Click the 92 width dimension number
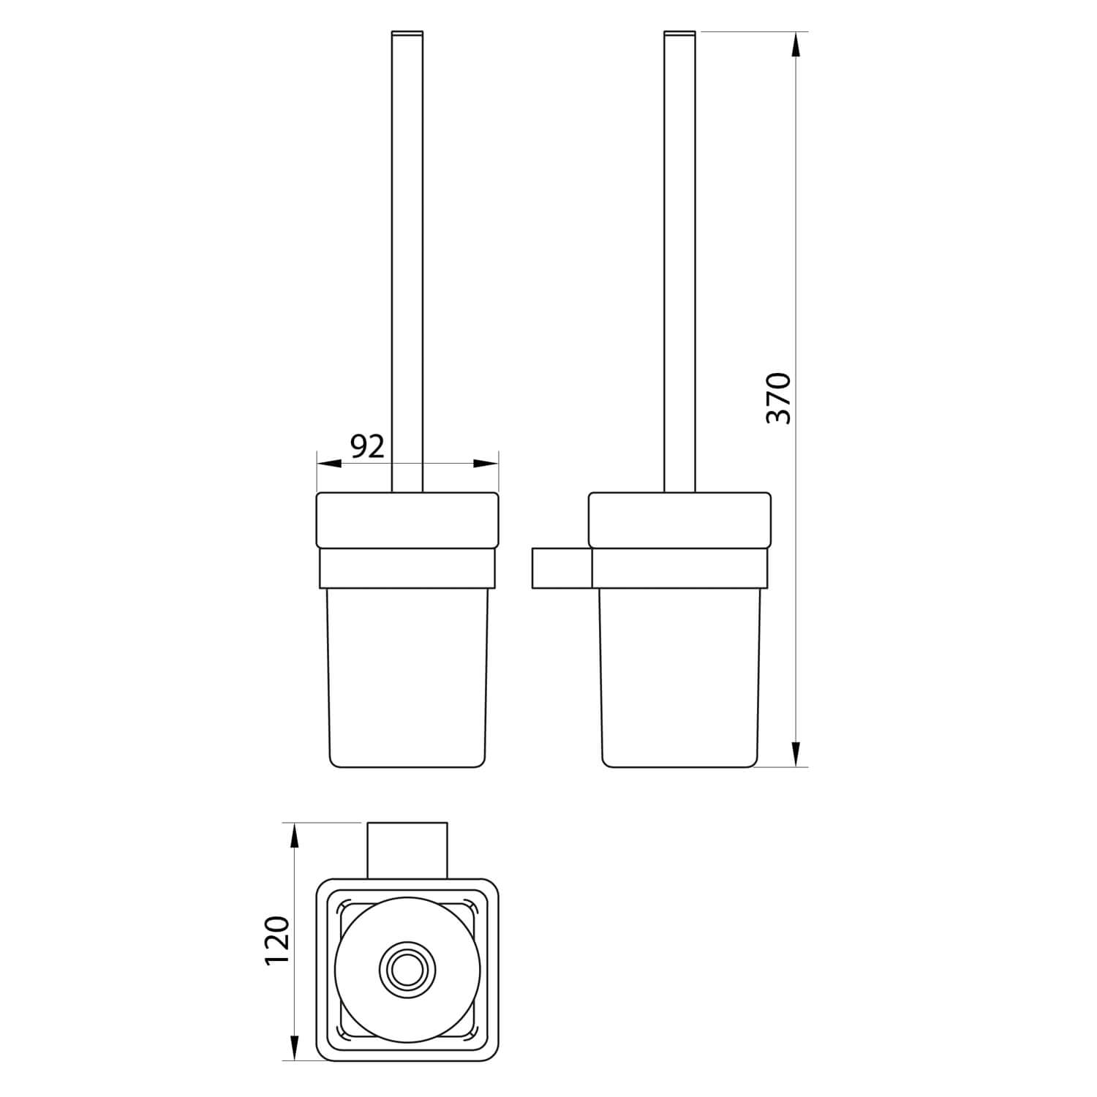tap(367, 446)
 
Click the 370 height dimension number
tap(778, 399)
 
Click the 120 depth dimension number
tap(278, 940)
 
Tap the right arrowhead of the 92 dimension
tap(486, 464)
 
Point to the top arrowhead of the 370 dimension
tap(796, 45)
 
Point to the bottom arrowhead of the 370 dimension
tap(796, 753)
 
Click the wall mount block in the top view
tap(407, 850)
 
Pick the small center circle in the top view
tap(407, 971)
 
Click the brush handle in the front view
tap(407, 263)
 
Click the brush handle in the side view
tap(679, 263)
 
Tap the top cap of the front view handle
tap(407, 33)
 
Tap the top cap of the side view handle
tap(679, 33)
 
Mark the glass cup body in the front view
tap(407, 676)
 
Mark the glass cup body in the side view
tap(679, 676)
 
